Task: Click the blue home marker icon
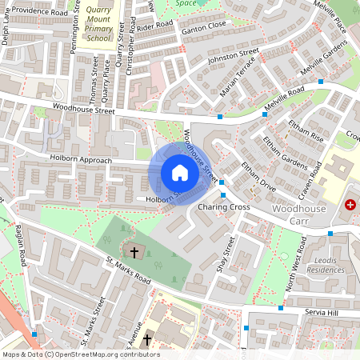(x=180, y=173)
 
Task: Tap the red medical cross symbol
(x=350, y=206)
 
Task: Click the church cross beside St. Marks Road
(x=134, y=253)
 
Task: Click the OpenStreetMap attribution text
(x=81, y=354)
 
